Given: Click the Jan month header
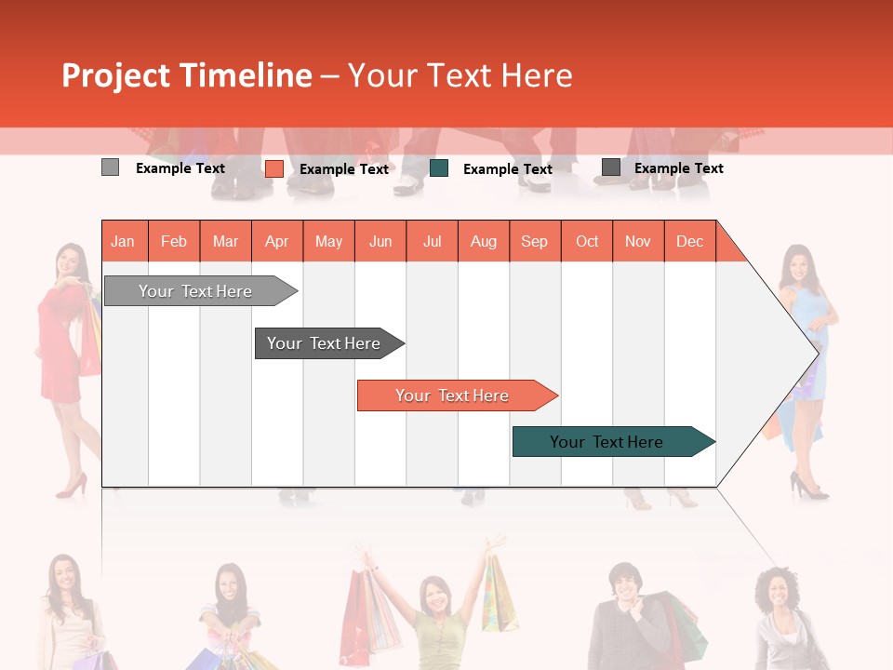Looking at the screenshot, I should click(x=123, y=241).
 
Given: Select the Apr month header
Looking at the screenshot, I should click(x=276, y=241).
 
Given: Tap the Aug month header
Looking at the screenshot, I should click(x=483, y=241).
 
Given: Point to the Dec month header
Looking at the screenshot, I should click(x=689, y=241).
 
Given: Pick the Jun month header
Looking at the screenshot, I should click(x=380, y=241).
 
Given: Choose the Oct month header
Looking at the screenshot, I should click(x=587, y=241).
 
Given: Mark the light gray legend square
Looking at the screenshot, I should click(x=110, y=167).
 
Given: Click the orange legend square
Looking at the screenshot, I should click(x=273, y=168).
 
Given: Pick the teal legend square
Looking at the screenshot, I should click(x=439, y=168).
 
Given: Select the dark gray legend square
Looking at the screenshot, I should click(x=610, y=167).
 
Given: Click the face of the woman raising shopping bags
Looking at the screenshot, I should click(x=433, y=593).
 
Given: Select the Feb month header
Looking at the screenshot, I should click(x=174, y=241).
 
